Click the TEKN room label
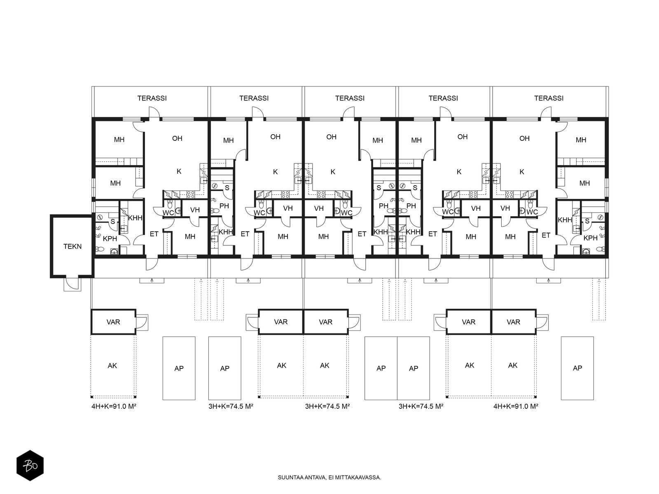(x=72, y=247)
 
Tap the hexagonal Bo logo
(x=30, y=465)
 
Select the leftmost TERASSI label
(x=152, y=98)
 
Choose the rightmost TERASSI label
(x=549, y=98)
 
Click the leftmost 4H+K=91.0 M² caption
(x=114, y=406)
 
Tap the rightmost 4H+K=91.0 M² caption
(x=516, y=406)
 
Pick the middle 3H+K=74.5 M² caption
(x=327, y=406)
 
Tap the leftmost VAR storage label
(x=113, y=322)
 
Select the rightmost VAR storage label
(x=514, y=322)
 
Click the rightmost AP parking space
(x=577, y=368)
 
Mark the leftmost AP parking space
(x=179, y=368)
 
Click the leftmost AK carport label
(x=112, y=366)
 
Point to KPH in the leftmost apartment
(x=110, y=239)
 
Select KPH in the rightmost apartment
(x=591, y=238)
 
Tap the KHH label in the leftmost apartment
(x=135, y=218)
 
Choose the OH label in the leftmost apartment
(x=177, y=138)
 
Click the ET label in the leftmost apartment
(x=154, y=234)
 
